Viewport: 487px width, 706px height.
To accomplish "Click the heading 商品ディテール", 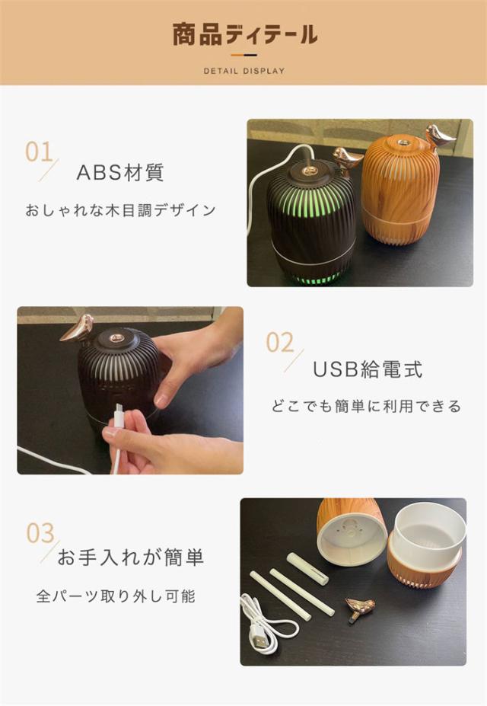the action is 245,35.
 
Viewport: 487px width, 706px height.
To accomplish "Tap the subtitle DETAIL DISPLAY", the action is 244,71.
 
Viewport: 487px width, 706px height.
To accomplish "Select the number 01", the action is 39,152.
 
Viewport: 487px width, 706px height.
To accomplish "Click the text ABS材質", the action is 120,172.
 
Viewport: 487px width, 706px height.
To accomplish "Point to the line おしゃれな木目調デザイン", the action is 120,210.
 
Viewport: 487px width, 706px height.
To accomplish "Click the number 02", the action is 280,343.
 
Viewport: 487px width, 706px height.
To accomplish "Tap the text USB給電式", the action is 368,369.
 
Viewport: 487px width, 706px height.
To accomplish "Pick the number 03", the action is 40,533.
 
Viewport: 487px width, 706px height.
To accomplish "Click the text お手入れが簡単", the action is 130,557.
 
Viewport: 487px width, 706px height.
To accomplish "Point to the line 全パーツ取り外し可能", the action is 116,596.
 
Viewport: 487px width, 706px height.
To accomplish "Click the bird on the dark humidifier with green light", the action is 348,159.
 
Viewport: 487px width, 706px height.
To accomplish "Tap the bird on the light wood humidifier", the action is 439,136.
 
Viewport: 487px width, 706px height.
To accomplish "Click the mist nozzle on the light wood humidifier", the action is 403,142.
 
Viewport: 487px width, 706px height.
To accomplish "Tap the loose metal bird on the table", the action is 359,609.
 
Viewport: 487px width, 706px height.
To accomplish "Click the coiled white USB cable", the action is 269,623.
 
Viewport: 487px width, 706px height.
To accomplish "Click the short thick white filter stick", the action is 307,568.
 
